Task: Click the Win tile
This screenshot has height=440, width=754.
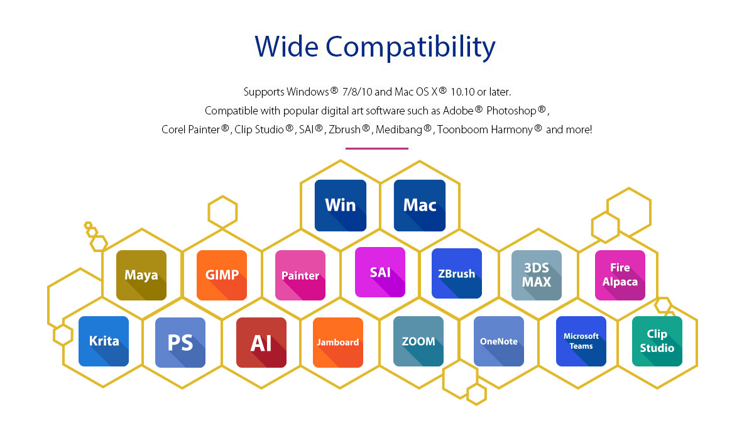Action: coord(341,206)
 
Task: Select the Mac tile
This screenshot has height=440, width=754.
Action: coord(420,206)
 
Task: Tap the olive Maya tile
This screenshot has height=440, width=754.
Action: coord(141,275)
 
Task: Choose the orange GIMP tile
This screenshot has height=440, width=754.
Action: coord(222,275)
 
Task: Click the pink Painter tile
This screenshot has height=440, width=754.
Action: coord(300,275)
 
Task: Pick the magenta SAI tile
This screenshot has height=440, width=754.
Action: coord(380,272)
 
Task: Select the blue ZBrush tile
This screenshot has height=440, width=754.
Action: coord(457,273)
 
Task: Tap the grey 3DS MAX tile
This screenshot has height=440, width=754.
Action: coord(537,275)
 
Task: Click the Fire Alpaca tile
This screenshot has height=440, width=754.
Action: coord(620,275)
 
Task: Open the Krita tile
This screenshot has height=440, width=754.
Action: coord(104,341)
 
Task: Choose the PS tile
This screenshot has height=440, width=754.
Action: coord(180,343)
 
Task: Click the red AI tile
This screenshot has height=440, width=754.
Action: coord(261,343)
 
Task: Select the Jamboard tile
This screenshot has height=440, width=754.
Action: coord(338,343)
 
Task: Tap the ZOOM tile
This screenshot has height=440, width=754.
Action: coord(418,341)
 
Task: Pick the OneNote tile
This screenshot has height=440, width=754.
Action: coord(499,341)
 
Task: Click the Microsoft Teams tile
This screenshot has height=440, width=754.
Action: coord(581,341)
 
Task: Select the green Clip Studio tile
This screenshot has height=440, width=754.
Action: coord(657,341)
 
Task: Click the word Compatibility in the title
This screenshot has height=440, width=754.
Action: coord(410,47)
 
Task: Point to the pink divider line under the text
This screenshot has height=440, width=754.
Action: coord(376,148)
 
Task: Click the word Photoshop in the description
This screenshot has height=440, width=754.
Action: coord(511,111)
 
